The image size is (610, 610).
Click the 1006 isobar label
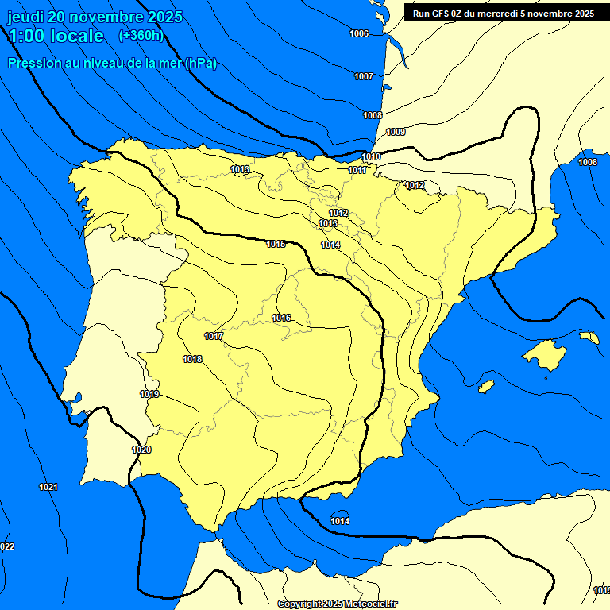(359, 33)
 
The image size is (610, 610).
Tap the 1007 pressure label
(364, 76)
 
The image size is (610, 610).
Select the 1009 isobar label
(396, 132)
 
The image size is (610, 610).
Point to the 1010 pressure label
(371, 156)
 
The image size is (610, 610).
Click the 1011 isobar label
(357, 170)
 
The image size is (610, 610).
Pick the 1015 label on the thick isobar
(276, 244)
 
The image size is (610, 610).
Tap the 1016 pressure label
(281, 318)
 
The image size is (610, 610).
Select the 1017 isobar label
(213, 336)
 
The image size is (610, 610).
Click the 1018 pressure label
(192, 359)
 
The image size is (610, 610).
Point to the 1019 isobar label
(149, 394)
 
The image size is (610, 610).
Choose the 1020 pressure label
(141, 450)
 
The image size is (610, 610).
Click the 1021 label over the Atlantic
(48, 486)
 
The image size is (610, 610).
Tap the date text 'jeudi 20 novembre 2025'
(95, 17)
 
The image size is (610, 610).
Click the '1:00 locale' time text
(56, 36)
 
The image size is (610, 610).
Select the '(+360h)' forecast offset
(141, 36)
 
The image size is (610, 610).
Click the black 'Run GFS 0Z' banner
(499, 14)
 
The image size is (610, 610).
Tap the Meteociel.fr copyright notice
(338, 604)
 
